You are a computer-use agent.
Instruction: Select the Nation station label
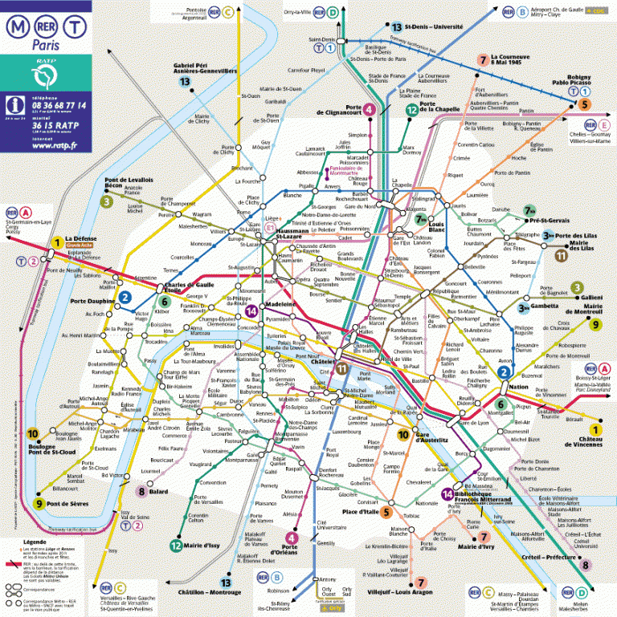(x=518, y=387)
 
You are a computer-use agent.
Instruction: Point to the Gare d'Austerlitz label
(x=432, y=439)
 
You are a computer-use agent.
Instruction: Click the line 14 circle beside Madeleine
(x=252, y=311)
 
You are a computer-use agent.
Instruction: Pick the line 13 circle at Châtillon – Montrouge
(x=226, y=582)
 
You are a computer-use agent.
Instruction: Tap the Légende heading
(x=22, y=542)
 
